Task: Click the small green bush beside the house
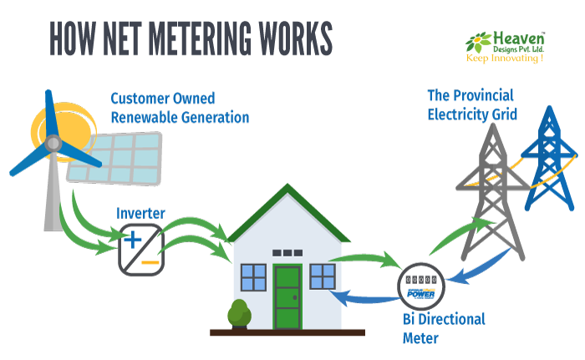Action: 240,314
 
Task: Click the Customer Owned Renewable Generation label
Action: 179,108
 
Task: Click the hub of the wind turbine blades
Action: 53,147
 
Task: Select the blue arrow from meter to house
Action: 359,297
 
